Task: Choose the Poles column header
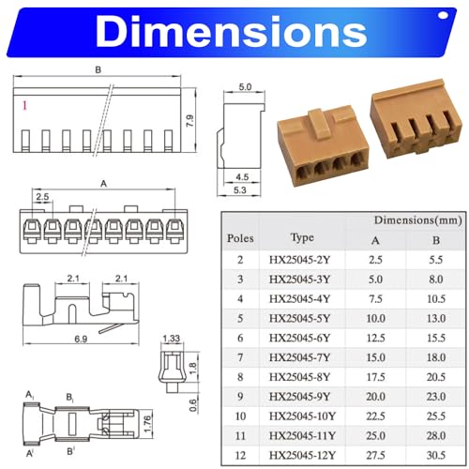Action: tap(240, 237)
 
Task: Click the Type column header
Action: tap(302, 237)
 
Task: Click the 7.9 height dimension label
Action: tap(190, 120)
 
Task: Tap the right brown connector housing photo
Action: tap(413, 122)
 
